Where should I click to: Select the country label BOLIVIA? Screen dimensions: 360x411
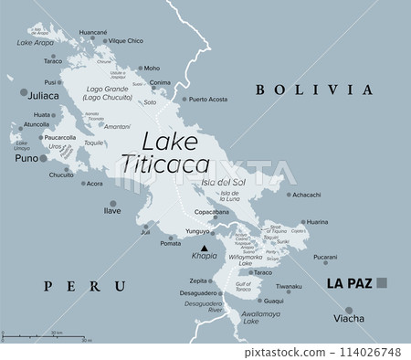click(x=315, y=90)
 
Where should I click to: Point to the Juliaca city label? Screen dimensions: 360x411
click(x=43, y=94)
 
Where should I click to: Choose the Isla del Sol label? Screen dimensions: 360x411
click(x=221, y=183)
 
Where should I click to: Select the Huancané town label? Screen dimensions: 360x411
click(x=92, y=32)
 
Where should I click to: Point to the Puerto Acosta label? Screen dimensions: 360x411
click(x=208, y=99)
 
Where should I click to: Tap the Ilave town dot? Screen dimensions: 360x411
click(x=112, y=203)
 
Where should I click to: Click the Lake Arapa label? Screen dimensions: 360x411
click(x=36, y=43)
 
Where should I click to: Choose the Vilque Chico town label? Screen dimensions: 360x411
click(x=126, y=41)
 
